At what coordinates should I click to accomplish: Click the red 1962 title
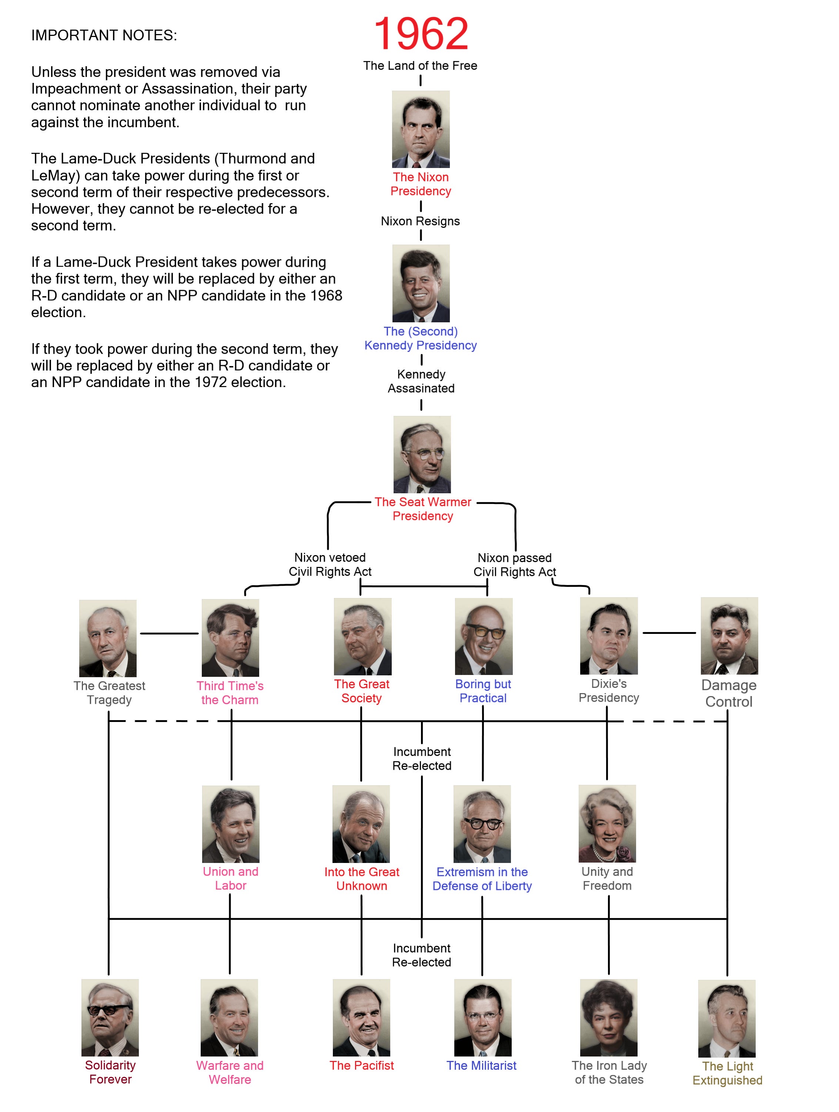click(x=421, y=34)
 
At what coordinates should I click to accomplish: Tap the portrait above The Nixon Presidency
click(x=421, y=129)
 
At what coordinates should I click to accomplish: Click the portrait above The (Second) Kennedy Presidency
click(x=421, y=283)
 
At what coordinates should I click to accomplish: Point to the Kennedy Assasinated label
click(x=421, y=381)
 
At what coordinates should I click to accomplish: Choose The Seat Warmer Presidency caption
click(x=422, y=509)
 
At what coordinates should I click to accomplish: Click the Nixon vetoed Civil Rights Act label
click(x=330, y=565)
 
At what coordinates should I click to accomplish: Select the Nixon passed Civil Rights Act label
click(x=515, y=565)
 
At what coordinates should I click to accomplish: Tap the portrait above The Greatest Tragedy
click(x=108, y=638)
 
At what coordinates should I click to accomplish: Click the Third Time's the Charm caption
click(x=230, y=693)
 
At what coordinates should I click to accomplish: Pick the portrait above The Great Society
click(x=362, y=636)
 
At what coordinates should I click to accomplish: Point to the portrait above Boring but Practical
click(x=484, y=636)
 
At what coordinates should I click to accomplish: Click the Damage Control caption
click(x=729, y=693)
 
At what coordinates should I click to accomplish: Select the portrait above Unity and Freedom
click(x=607, y=823)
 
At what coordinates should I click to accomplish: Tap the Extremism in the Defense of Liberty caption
click(x=482, y=879)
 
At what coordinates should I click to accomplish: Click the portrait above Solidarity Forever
click(x=110, y=1018)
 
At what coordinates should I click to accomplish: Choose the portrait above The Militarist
click(x=482, y=1018)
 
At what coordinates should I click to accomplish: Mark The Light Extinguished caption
click(x=727, y=1073)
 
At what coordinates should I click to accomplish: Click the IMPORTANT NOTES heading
click(x=104, y=35)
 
